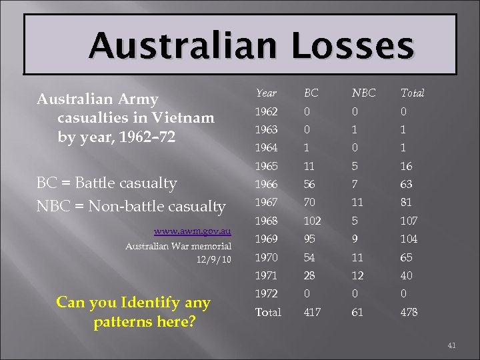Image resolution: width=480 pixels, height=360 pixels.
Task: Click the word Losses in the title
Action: pos(351,45)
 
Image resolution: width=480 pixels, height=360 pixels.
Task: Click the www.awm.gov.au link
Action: pos(192,231)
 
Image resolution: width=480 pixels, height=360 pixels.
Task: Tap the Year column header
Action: pos(266,93)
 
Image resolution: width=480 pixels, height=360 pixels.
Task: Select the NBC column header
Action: pos(363,93)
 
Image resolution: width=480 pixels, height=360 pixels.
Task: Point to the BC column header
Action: pos(311,93)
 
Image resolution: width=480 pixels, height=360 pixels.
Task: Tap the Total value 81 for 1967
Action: pos(407,201)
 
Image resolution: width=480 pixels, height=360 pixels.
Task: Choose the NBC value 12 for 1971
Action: pos(358,275)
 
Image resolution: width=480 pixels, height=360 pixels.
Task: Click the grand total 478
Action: pos(409,312)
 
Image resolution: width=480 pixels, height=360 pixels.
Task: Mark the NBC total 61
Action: pos(357,312)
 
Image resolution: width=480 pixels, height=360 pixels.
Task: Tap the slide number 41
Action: pos(451,345)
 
